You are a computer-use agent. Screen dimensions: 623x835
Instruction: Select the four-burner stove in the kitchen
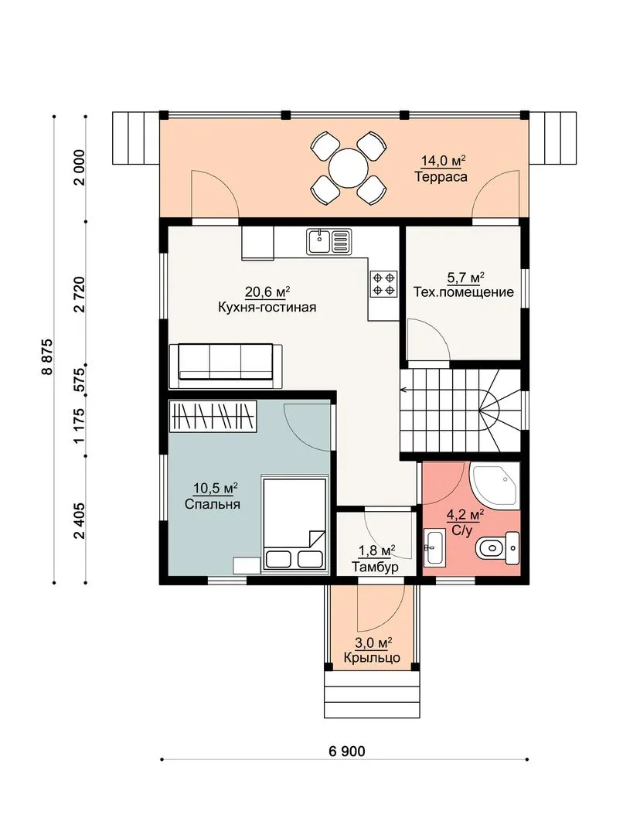[x=384, y=284]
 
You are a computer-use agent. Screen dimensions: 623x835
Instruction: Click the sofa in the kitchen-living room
[x=226, y=366]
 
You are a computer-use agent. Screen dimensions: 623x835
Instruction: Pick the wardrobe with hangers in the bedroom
[x=213, y=416]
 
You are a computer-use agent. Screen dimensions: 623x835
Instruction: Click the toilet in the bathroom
[x=498, y=547]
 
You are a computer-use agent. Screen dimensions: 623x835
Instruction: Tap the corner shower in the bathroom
[x=495, y=483]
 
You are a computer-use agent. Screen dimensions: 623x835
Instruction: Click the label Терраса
[x=441, y=177]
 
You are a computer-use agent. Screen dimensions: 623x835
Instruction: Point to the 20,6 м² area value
[x=267, y=291]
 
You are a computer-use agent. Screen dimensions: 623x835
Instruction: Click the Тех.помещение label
[x=464, y=292]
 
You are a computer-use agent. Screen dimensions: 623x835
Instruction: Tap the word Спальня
[x=213, y=504]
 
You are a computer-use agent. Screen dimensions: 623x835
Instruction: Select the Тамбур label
[x=375, y=567]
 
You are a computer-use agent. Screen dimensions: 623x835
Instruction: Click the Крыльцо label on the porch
[x=372, y=658]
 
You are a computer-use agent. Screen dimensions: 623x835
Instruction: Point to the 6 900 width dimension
[x=347, y=751]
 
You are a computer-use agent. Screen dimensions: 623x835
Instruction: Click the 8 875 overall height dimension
[x=47, y=356]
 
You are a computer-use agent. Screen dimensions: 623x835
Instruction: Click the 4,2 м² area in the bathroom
[x=465, y=514]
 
